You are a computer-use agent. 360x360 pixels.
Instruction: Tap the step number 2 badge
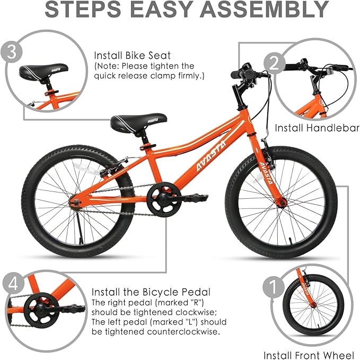[289, 64]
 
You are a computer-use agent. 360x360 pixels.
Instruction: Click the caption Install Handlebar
[317, 128]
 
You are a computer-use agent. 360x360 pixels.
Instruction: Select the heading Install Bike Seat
[133, 55]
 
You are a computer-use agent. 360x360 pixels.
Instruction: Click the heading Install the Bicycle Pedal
[151, 292]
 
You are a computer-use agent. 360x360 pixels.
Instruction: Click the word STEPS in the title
[84, 10]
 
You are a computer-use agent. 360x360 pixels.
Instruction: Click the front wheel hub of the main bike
[282, 202]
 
